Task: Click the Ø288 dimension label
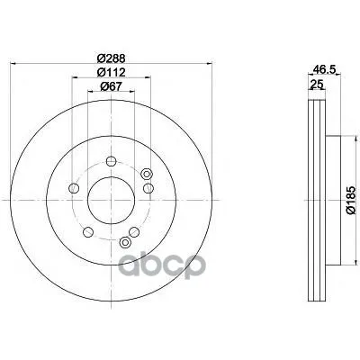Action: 111,58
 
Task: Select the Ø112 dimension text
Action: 111,72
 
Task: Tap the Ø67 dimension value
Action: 111,86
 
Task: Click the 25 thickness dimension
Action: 317,85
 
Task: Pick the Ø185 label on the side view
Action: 351,200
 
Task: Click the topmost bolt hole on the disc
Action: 111,161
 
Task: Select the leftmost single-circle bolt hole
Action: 74,188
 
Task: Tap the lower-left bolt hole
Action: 88,232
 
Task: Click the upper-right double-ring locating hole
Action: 147,174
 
